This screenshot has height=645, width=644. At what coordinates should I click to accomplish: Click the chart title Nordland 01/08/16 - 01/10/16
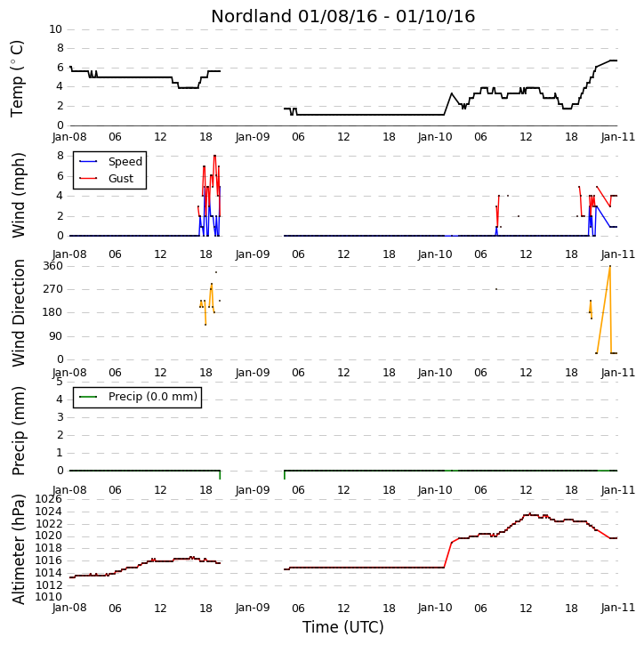343,17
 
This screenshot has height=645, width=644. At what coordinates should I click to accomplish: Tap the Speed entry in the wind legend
125,162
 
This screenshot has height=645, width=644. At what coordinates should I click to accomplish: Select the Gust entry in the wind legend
121,179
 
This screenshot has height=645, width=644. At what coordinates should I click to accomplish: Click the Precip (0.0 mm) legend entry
153,397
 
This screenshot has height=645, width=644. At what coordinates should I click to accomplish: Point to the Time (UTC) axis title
343,627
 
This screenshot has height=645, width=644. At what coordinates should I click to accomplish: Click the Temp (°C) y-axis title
17,78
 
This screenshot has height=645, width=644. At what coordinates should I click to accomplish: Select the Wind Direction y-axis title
19,313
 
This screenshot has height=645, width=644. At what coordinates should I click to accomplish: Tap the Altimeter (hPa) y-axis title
19,549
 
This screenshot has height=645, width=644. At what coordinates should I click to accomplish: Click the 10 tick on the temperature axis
55,29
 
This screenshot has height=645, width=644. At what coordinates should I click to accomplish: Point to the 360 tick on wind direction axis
53,266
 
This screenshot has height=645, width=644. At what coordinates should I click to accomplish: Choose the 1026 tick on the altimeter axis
48,499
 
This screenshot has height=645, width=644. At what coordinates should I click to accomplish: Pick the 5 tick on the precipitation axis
60,382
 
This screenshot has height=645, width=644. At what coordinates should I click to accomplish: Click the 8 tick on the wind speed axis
60,156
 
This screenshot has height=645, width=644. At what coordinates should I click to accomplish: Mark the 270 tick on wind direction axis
53,289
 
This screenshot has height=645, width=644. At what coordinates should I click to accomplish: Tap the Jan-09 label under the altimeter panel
253,608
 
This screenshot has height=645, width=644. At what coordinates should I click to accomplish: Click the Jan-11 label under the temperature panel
617,137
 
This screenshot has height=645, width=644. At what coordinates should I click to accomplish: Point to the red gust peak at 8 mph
214,156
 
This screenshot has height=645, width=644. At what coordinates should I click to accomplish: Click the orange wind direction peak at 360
610,266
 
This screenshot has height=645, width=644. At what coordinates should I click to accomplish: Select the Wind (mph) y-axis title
19,195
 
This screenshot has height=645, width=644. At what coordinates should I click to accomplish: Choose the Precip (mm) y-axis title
19,431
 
